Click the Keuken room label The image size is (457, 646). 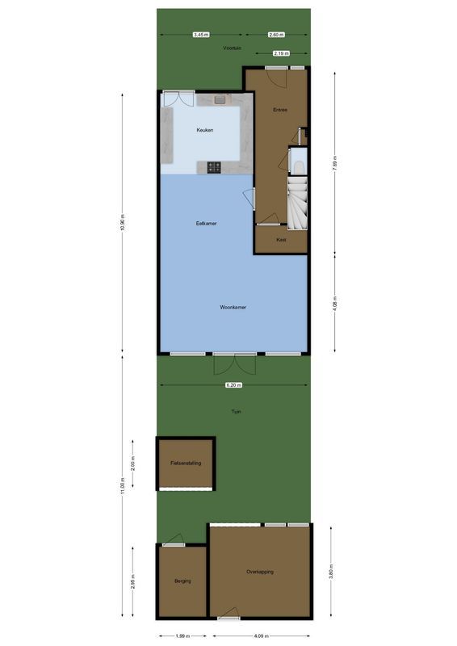(x=205, y=130)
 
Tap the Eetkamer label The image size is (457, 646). (x=206, y=224)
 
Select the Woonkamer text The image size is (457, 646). (x=233, y=308)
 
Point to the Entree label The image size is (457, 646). (x=280, y=110)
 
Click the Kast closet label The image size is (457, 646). (x=281, y=240)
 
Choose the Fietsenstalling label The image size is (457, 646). (x=186, y=464)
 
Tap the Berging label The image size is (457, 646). (x=182, y=581)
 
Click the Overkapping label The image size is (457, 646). (x=260, y=572)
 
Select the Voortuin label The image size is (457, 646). (x=233, y=48)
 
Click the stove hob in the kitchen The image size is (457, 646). (x=215, y=167)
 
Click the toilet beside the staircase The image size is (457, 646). (x=299, y=164)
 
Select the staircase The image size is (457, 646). (x=297, y=201)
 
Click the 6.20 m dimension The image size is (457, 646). (x=233, y=385)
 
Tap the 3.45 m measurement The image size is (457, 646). (x=200, y=35)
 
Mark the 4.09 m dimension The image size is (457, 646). (x=260, y=636)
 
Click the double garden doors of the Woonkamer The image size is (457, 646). (x=234, y=364)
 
